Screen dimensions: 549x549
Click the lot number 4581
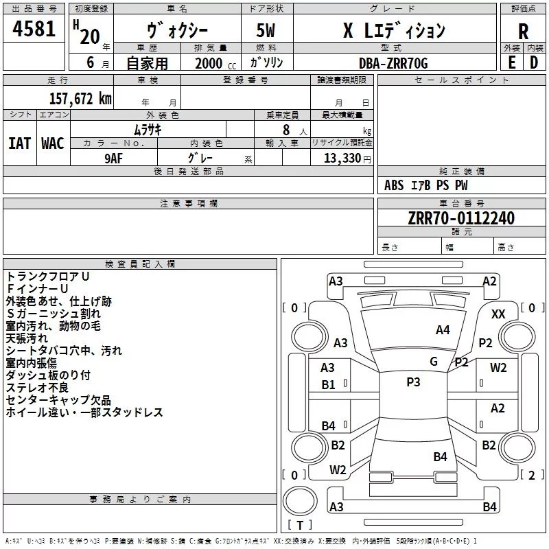(x=34, y=29)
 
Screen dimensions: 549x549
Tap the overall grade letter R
(x=523, y=32)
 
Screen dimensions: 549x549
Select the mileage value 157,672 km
(x=80, y=99)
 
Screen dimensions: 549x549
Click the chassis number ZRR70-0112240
(x=461, y=218)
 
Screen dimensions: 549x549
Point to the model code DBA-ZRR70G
(x=393, y=63)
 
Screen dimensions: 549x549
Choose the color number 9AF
(x=114, y=159)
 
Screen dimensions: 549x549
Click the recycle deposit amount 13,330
(x=342, y=159)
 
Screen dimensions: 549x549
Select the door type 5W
(x=266, y=30)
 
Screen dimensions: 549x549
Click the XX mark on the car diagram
(x=498, y=314)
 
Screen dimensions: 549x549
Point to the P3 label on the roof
(x=413, y=382)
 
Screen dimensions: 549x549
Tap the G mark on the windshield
(x=434, y=362)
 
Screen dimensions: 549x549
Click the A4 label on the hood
(x=443, y=330)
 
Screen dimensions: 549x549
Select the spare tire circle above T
(x=300, y=501)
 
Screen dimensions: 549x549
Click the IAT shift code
(x=20, y=143)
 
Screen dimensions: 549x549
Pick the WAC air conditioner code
(x=53, y=143)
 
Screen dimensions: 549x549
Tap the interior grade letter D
(x=534, y=62)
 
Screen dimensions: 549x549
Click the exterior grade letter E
(x=512, y=62)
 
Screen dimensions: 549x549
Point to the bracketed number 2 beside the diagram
(x=532, y=475)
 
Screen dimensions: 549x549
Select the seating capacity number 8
(x=286, y=130)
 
